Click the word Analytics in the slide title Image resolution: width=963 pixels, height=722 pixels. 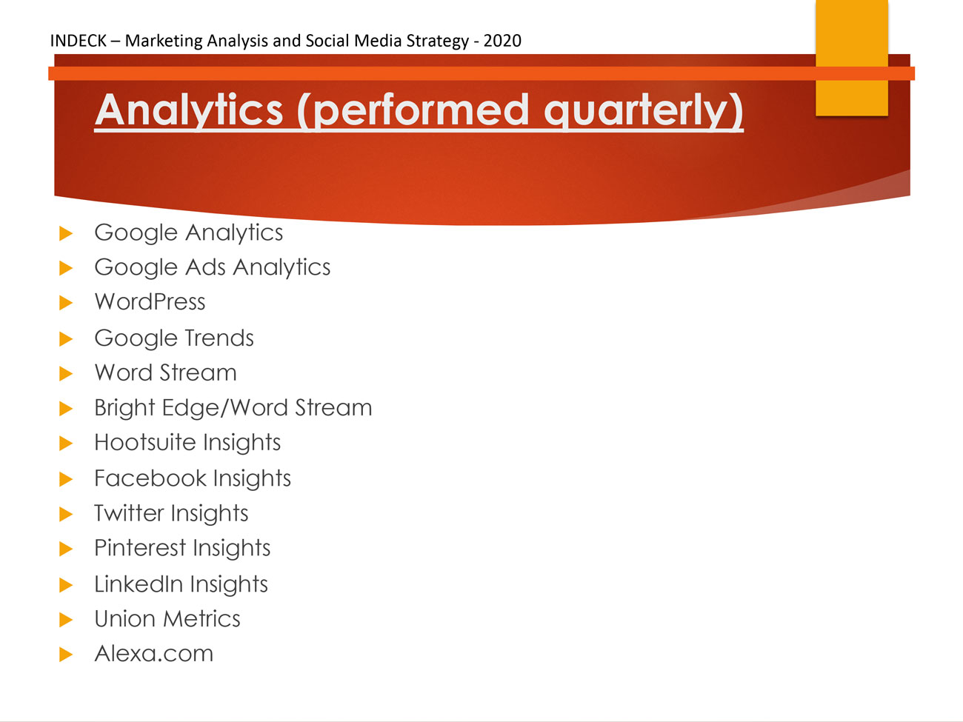(x=189, y=110)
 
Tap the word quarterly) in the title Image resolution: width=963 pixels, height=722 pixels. (x=644, y=110)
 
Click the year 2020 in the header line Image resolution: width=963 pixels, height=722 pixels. (x=502, y=41)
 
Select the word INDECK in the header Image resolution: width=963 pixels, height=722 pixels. (x=78, y=41)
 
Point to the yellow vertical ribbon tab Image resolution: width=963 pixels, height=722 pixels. (x=852, y=58)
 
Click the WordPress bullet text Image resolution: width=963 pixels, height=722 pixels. (x=150, y=302)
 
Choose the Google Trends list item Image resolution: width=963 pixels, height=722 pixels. (x=174, y=338)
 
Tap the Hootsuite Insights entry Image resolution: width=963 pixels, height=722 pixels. (x=187, y=443)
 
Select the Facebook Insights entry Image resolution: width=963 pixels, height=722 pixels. (x=193, y=478)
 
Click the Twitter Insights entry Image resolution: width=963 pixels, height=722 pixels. (x=172, y=513)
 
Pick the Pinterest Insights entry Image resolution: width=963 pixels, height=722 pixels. (x=182, y=549)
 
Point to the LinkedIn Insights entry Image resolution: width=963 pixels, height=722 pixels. (x=181, y=584)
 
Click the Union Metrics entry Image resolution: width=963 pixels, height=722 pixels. (x=167, y=619)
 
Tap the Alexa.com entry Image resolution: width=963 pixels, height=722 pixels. (x=154, y=654)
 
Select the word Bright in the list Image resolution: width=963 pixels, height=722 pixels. (x=125, y=408)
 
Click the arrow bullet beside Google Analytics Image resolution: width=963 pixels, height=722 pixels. (x=66, y=233)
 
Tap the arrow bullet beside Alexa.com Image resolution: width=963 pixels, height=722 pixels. (x=66, y=655)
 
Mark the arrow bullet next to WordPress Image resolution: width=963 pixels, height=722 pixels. (x=66, y=302)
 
